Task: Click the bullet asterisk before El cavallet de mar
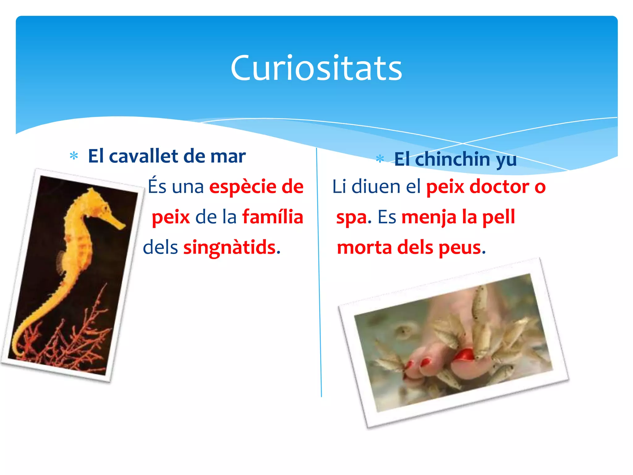pos(74,156)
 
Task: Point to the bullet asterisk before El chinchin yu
pos(380,159)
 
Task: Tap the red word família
pos(273,217)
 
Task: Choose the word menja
pos(429,217)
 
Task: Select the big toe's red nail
pos(464,355)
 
